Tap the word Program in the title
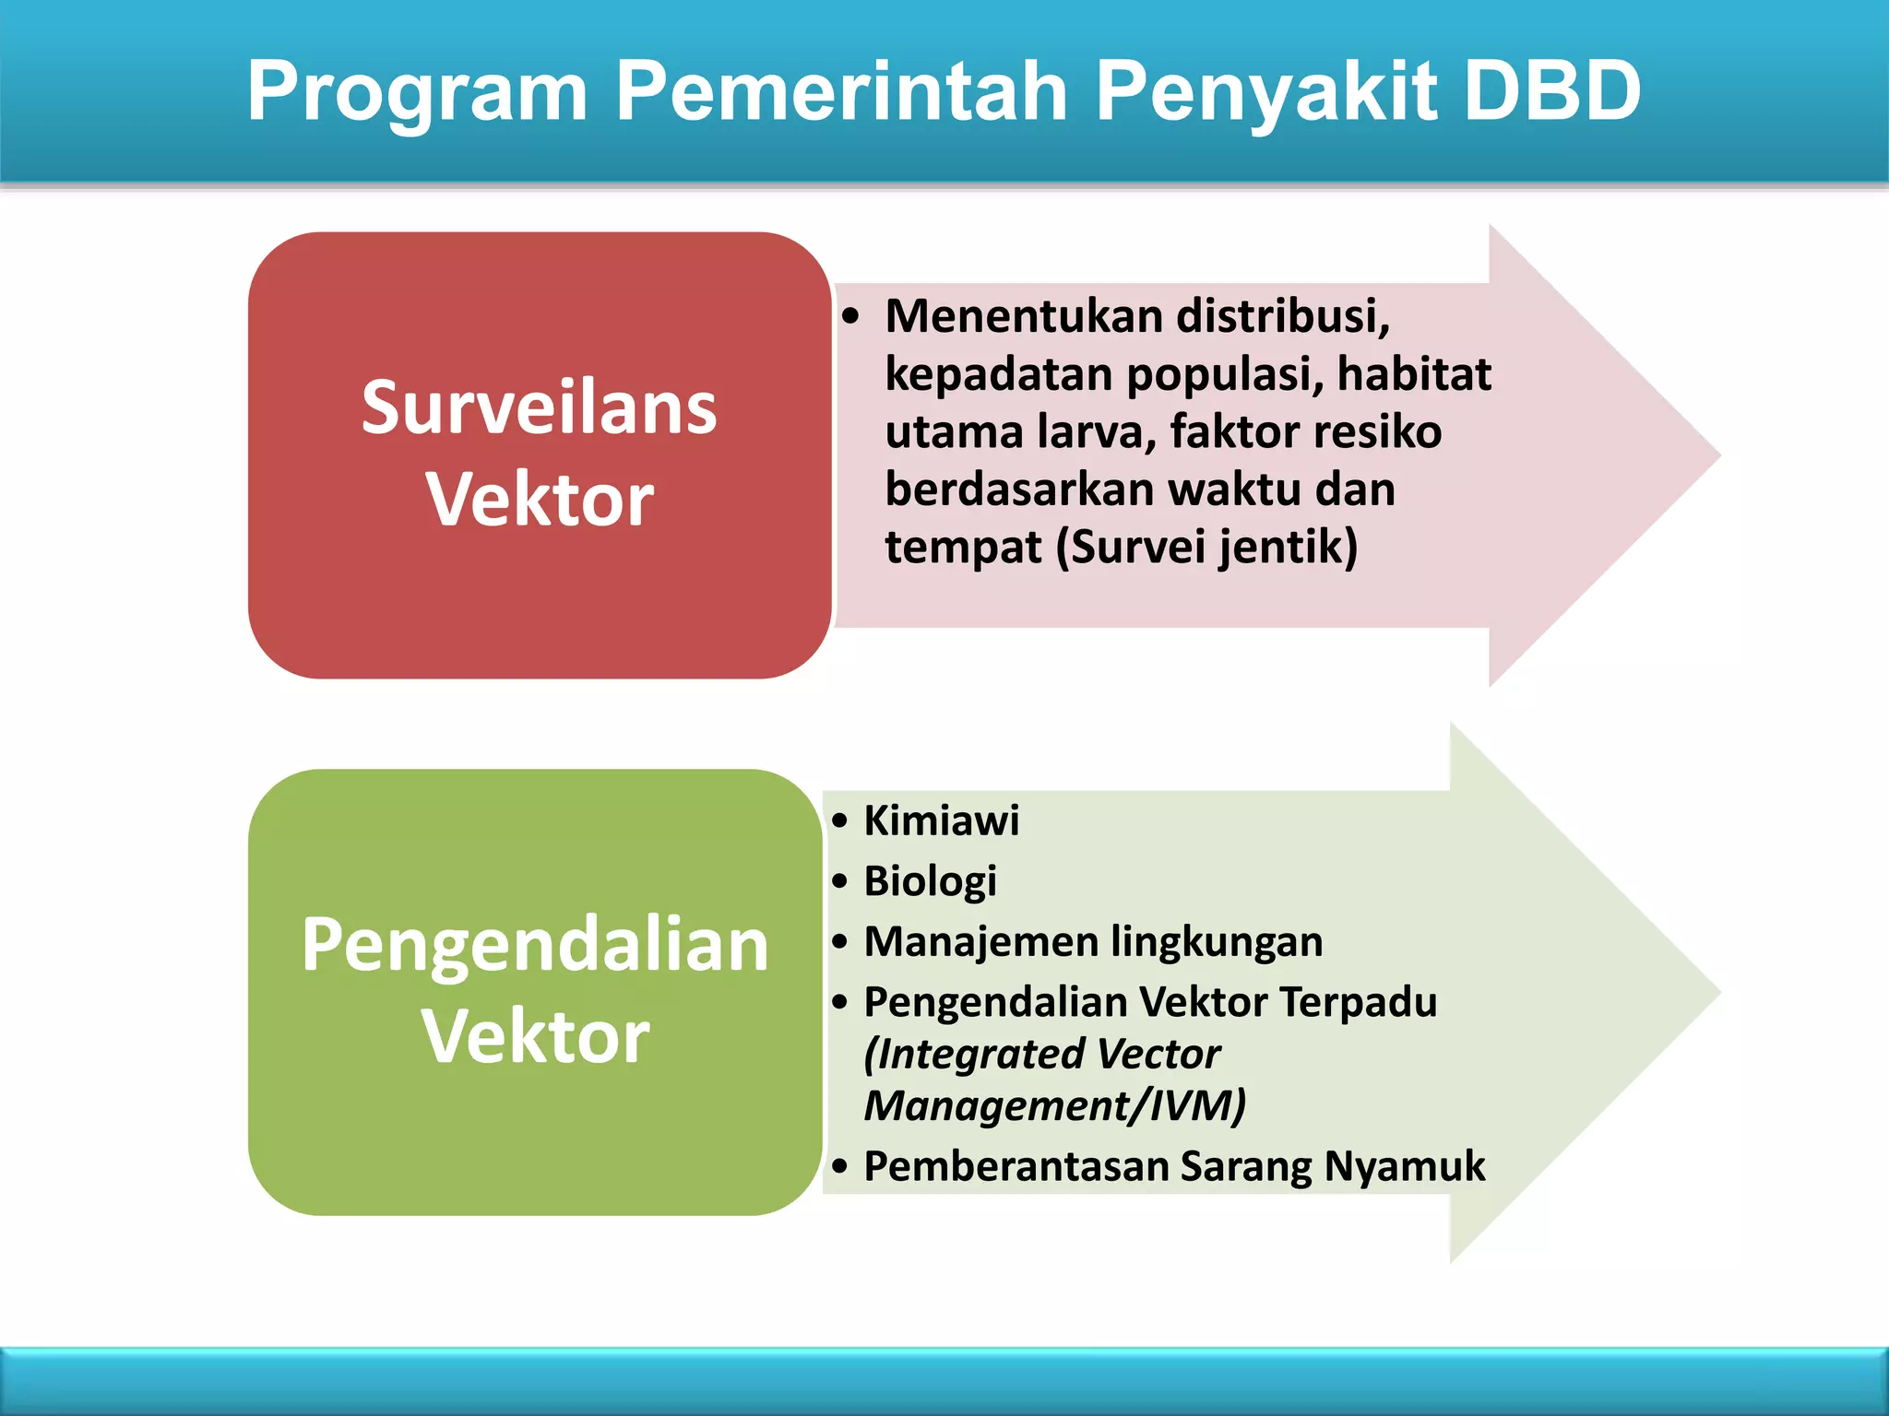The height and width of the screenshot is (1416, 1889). coord(417,92)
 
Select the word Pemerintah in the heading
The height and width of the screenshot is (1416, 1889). coord(840,90)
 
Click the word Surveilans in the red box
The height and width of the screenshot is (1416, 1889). coord(539,407)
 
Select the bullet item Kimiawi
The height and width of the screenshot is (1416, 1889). coord(941,820)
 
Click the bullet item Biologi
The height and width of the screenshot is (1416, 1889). coord(930,880)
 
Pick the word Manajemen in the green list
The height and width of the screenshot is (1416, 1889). coord(980,941)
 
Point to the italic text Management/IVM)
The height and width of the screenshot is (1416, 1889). coord(1054,1105)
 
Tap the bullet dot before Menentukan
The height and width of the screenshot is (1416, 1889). coord(850,317)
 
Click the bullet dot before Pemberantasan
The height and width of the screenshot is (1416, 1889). coord(838,1166)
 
